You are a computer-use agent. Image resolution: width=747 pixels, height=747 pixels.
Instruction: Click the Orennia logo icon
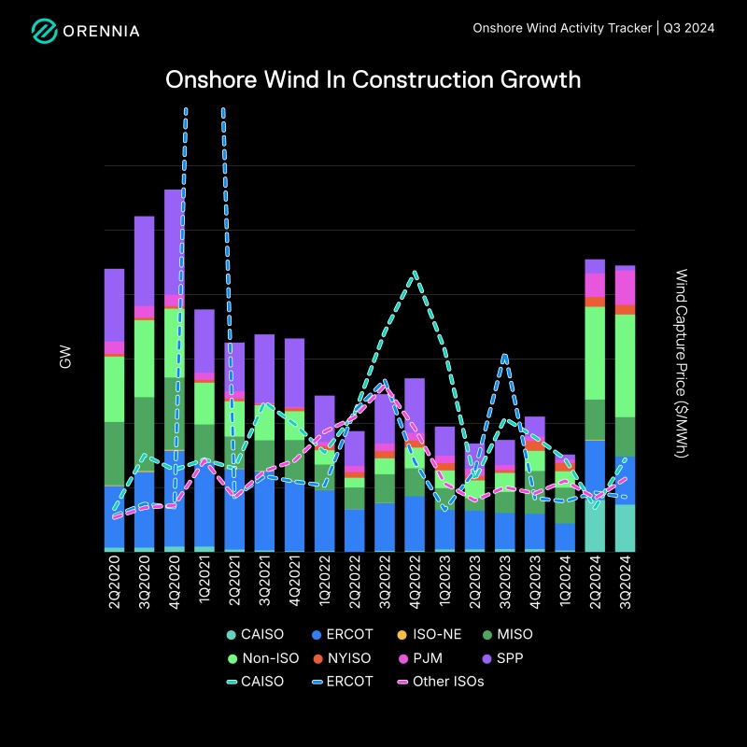tap(44, 31)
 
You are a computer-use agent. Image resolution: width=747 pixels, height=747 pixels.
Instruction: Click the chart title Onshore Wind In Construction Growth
tap(373, 80)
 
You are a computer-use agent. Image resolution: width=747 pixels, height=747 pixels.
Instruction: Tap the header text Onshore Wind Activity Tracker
tap(563, 28)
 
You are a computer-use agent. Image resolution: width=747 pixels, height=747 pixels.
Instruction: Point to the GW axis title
tap(65, 356)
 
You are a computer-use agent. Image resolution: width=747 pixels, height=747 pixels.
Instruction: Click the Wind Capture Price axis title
tap(681, 363)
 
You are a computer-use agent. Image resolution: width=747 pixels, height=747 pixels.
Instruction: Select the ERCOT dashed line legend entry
tap(345, 682)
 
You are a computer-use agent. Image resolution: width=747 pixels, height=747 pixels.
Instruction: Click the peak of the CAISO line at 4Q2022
tap(415, 273)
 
